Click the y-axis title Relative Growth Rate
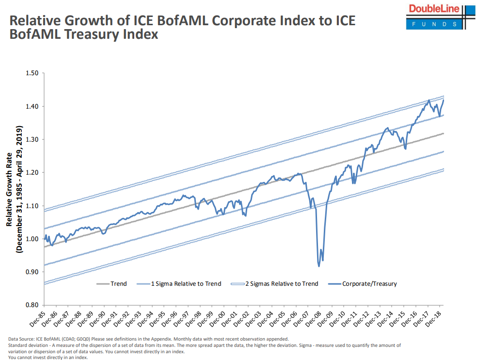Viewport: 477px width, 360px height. (10, 189)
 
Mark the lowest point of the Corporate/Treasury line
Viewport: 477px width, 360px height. (318, 266)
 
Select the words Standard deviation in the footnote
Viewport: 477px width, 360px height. (26, 345)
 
